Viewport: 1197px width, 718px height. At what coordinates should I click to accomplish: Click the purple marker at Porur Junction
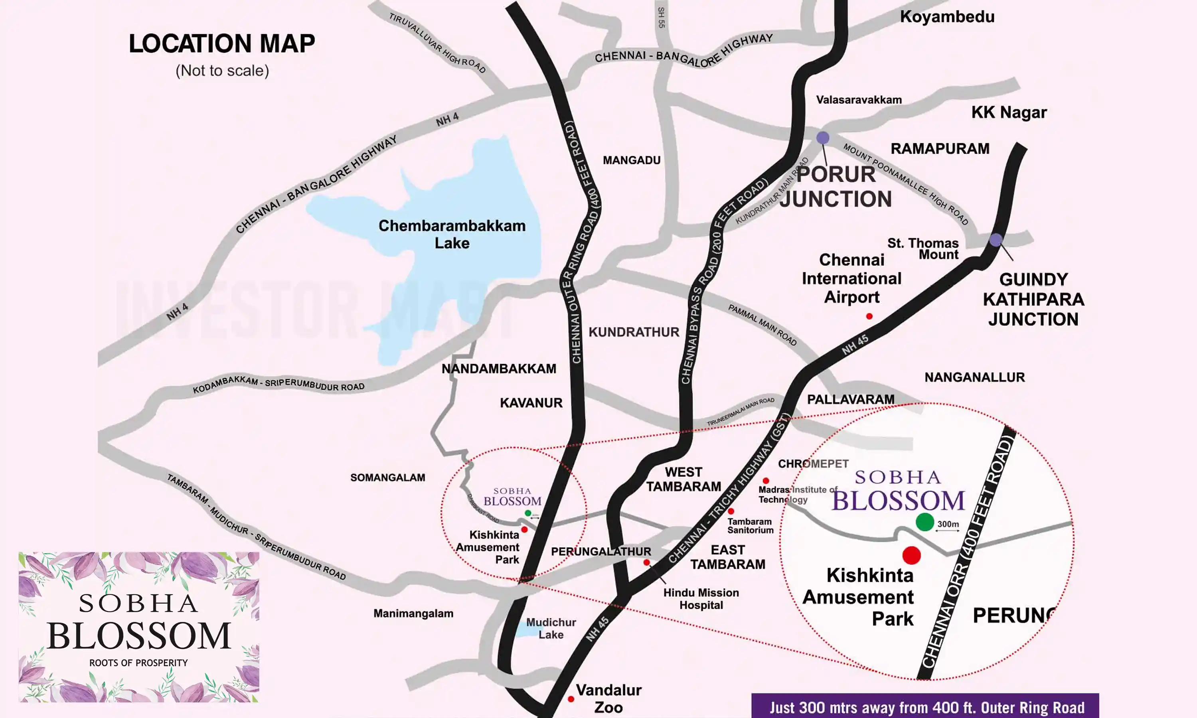pyautogui.click(x=822, y=138)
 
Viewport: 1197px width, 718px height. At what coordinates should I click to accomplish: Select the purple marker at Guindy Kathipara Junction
pyautogui.click(x=996, y=239)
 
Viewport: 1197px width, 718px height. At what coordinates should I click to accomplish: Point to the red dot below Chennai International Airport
pyautogui.click(x=869, y=316)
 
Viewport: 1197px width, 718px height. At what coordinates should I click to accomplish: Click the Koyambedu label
pyautogui.click(x=947, y=17)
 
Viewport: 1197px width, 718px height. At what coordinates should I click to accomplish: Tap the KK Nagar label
pyautogui.click(x=1009, y=112)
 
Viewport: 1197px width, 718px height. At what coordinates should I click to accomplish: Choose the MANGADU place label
pyautogui.click(x=631, y=160)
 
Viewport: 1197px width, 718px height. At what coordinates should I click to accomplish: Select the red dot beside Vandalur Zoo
pyautogui.click(x=571, y=699)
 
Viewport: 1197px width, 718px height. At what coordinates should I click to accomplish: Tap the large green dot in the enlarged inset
pyautogui.click(x=924, y=522)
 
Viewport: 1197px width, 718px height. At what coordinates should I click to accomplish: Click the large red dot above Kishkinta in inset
pyautogui.click(x=912, y=555)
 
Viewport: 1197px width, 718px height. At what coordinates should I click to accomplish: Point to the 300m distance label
pyautogui.click(x=948, y=524)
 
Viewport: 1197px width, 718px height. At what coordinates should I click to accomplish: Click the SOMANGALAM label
pyautogui.click(x=387, y=477)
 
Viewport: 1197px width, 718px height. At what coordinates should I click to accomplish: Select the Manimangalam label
pyautogui.click(x=413, y=613)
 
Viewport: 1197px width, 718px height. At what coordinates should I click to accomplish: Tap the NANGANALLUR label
pyautogui.click(x=974, y=377)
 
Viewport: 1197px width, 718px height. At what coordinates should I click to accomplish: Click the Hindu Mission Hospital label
pyautogui.click(x=701, y=598)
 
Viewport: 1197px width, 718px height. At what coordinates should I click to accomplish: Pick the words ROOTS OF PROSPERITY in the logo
pyautogui.click(x=138, y=663)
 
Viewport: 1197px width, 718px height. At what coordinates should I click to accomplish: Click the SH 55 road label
pyautogui.click(x=662, y=18)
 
